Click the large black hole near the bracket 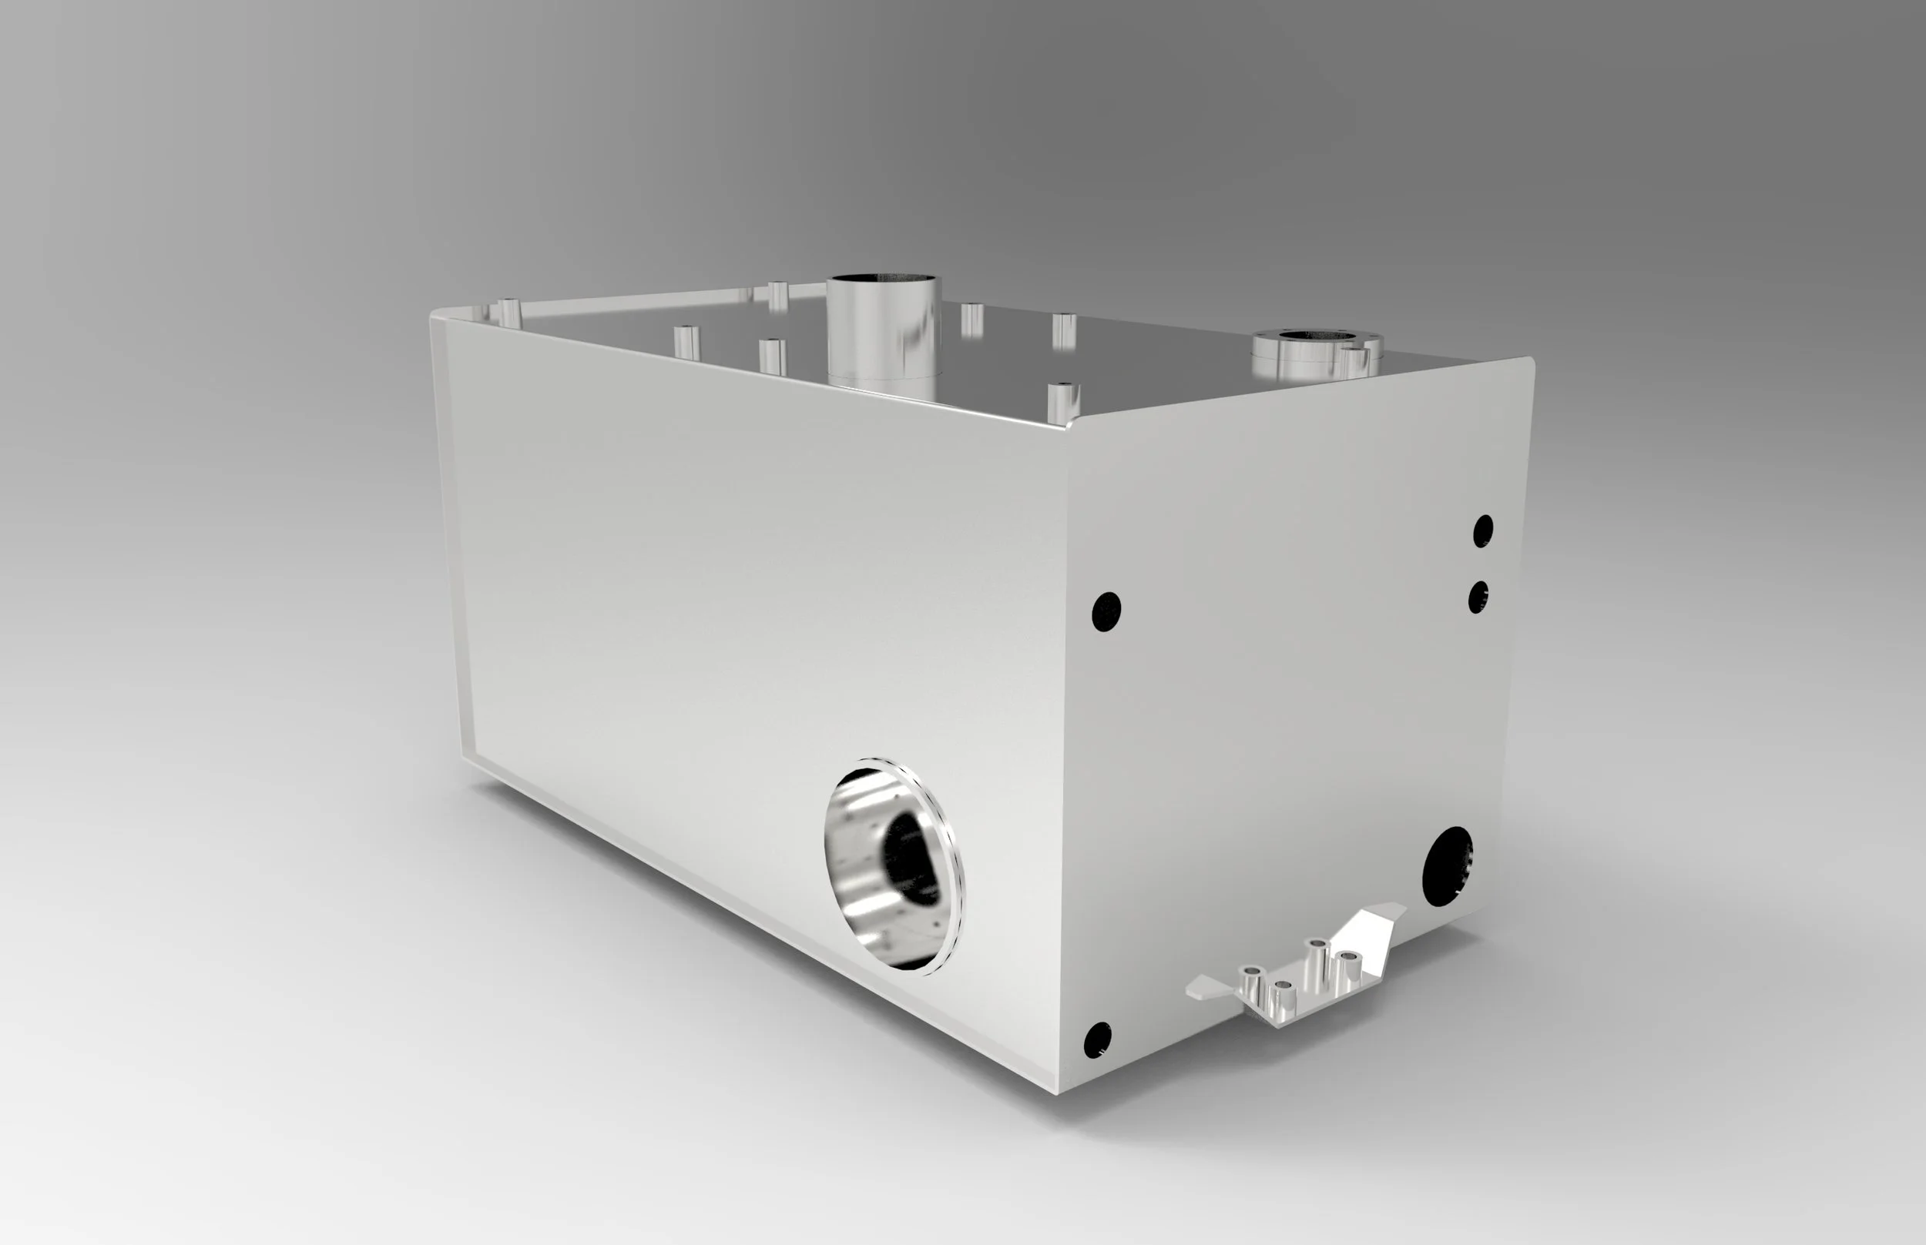[1447, 866]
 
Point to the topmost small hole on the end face [1483, 530]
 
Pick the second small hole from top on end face [1478, 597]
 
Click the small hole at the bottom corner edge [1097, 1039]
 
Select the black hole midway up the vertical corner [1106, 611]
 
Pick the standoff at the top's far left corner [508, 311]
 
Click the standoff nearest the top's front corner [1063, 402]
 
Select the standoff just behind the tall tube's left [778, 295]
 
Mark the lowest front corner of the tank [1056, 1093]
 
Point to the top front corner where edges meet [1069, 423]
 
